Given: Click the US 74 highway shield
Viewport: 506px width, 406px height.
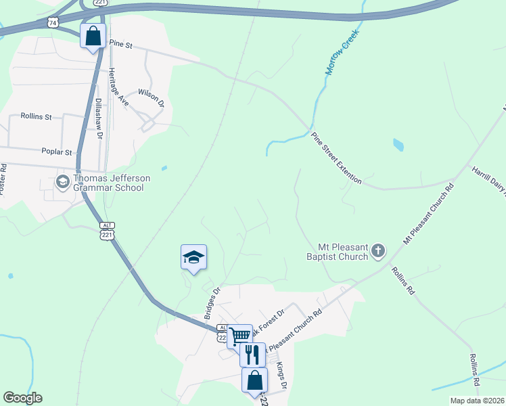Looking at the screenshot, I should (53, 22).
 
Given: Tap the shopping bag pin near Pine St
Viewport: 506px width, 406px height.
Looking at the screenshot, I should (93, 35).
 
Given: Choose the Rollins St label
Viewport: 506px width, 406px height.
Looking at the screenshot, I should (36, 116).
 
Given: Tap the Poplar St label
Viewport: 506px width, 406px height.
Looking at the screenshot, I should (56, 152).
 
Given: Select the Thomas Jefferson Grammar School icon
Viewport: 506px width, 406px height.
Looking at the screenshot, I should (62, 182).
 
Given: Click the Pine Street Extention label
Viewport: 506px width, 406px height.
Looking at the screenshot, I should (337, 158).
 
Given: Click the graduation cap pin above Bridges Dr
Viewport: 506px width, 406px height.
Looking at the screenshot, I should (193, 257).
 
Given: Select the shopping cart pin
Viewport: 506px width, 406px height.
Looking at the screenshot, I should (239, 335).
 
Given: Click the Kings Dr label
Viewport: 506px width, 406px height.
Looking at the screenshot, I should (282, 376).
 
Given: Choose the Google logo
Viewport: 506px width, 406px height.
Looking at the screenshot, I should (22, 398).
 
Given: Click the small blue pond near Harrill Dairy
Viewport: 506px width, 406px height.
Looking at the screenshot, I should (398, 144).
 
